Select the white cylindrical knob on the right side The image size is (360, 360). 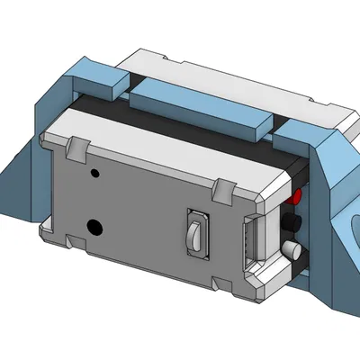coord(291,249)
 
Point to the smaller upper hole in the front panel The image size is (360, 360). coord(94,172)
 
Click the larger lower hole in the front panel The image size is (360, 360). coord(92,225)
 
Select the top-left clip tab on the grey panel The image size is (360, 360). coord(79,144)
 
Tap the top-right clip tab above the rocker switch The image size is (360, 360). coord(220,189)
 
